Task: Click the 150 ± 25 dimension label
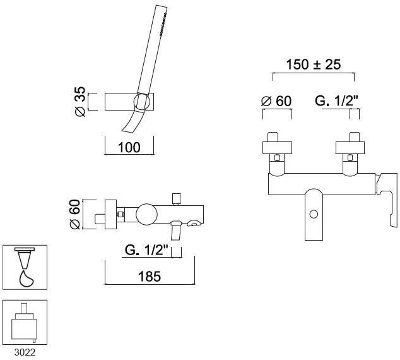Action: click(x=314, y=64)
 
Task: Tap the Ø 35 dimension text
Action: click(x=80, y=102)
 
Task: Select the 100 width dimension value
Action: click(x=129, y=147)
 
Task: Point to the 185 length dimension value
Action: click(x=150, y=276)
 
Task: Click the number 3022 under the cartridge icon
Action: click(x=25, y=352)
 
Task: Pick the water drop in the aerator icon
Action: click(x=26, y=279)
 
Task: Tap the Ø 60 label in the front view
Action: click(x=276, y=101)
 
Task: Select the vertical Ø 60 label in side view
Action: click(x=75, y=214)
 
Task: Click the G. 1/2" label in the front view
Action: click(x=336, y=101)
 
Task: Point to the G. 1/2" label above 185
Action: click(x=146, y=250)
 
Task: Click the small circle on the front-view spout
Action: click(x=314, y=214)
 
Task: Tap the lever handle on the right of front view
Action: click(x=387, y=199)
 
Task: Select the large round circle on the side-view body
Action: click(x=146, y=215)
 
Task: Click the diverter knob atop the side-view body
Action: click(x=176, y=200)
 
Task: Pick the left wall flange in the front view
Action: click(x=277, y=148)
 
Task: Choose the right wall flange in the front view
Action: click(x=350, y=148)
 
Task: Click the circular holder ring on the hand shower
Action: click(x=142, y=102)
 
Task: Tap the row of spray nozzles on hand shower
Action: click(x=163, y=23)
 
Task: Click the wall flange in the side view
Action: click(x=110, y=214)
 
